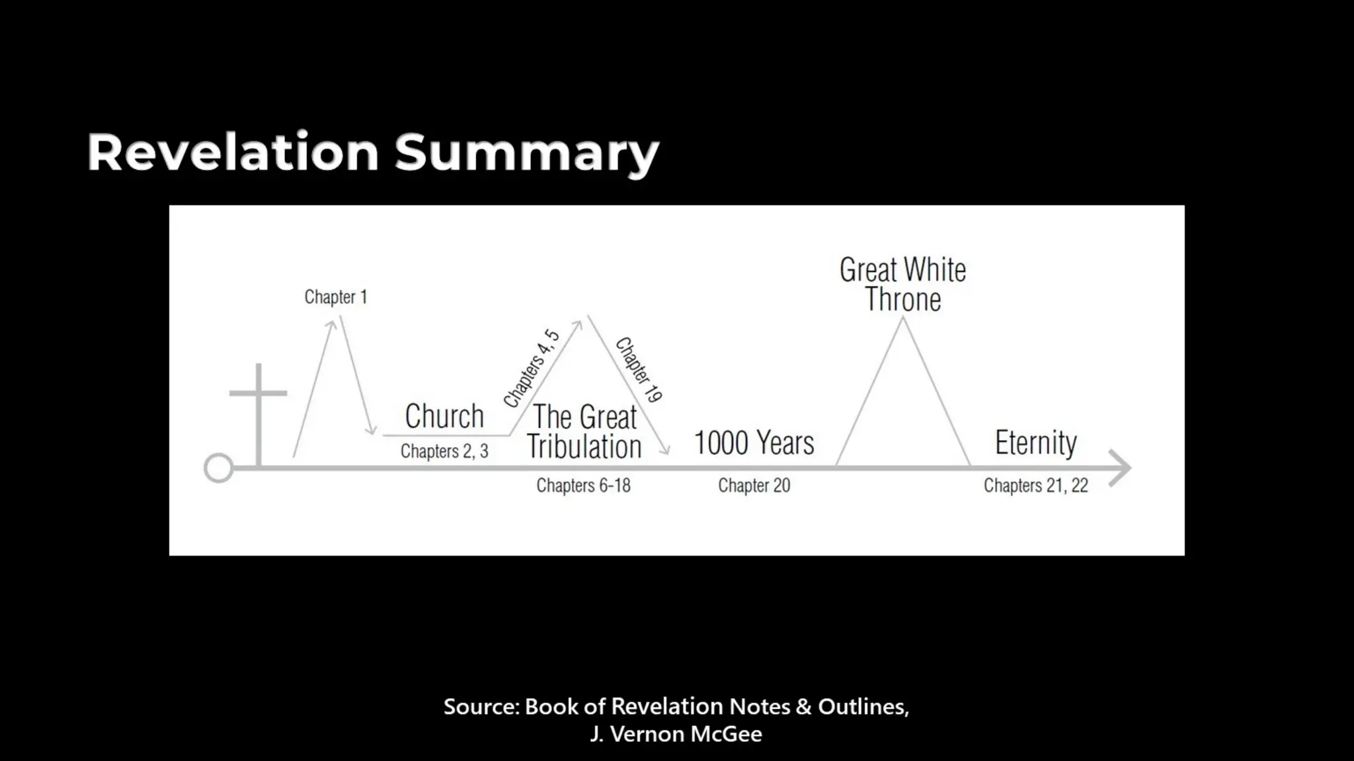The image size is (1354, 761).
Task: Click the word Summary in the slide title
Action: pyautogui.click(x=526, y=153)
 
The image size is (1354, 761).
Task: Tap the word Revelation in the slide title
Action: pyautogui.click(x=233, y=152)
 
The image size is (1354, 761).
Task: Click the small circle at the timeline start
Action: pyautogui.click(x=218, y=468)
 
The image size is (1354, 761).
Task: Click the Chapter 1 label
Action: pyautogui.click(x=335, y=297)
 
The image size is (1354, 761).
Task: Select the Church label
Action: pyautogui.click(x=444, y=417)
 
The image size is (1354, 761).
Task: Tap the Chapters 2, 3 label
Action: pyautogui.click(x=444, y=451)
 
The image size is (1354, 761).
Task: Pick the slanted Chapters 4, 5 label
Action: pyautogui.click(x=532, y=368)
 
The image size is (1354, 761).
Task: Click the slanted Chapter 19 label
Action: pyautogui.click(x=639, y=370)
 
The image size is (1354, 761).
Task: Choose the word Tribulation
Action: pyautogui.click(x=584, y=447)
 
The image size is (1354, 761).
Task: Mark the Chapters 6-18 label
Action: pyautogui.click(x=583, y=486)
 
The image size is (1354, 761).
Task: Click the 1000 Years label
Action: pyautogui.click(x=754, y=443)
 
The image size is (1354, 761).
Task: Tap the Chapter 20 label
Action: pyautogui.click(x=754, y=486)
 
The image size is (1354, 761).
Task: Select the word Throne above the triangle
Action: pyautogui.click(x=902, y=300)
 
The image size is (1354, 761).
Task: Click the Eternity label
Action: pyautogui.click(x=1035, y=443)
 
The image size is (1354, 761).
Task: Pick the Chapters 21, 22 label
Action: pyautogui.click(x=1035, y=486)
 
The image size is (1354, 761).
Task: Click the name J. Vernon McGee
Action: pyautogui.click(x=676, y=734)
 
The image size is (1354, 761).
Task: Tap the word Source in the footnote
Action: pyautogui.click(x=481, y=707)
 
